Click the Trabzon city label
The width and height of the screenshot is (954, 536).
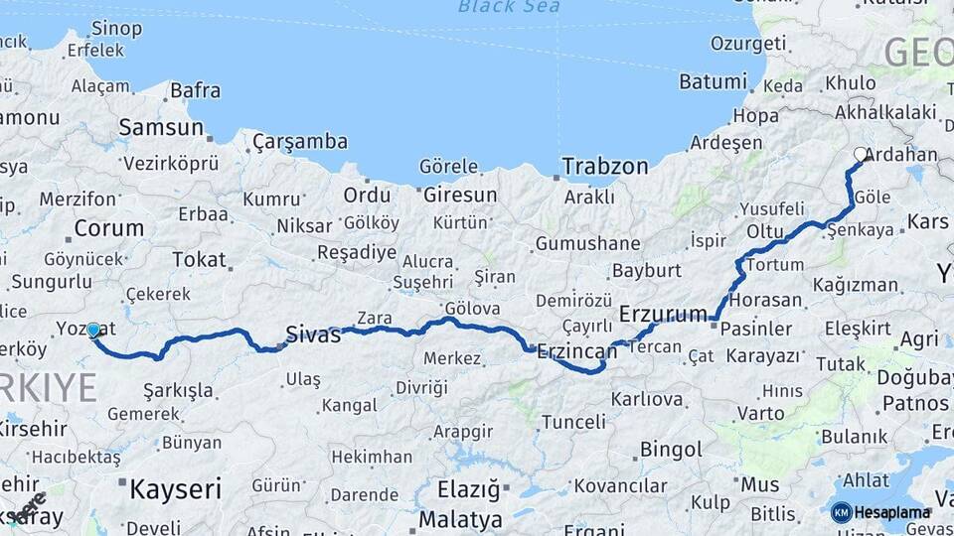[604, 167]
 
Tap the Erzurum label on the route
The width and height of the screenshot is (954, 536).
[663, 314]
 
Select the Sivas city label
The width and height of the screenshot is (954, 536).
[313, 335]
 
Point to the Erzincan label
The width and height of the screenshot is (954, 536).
[576, 350]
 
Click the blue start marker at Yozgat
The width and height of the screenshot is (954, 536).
[93, 330]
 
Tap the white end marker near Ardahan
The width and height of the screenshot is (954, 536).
[860, 154]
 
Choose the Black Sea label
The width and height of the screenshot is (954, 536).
[509, 7]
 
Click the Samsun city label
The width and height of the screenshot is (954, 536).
[161, 127]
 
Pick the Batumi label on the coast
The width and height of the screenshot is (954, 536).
[713, 81]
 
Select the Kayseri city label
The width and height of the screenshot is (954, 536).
[174, 488]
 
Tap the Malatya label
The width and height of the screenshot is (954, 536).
[460, 519]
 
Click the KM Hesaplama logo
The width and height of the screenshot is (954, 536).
[881, 512]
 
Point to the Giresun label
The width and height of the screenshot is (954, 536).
[459, 195]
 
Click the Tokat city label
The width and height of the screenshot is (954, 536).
[199, 260]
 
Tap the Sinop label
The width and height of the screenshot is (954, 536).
[115, 29]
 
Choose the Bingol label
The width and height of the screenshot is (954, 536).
[670, 450]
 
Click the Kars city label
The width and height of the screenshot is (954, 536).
[928, 220]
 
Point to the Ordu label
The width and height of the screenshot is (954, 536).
[367, 195]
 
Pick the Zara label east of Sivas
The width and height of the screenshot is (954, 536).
[374, 319]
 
